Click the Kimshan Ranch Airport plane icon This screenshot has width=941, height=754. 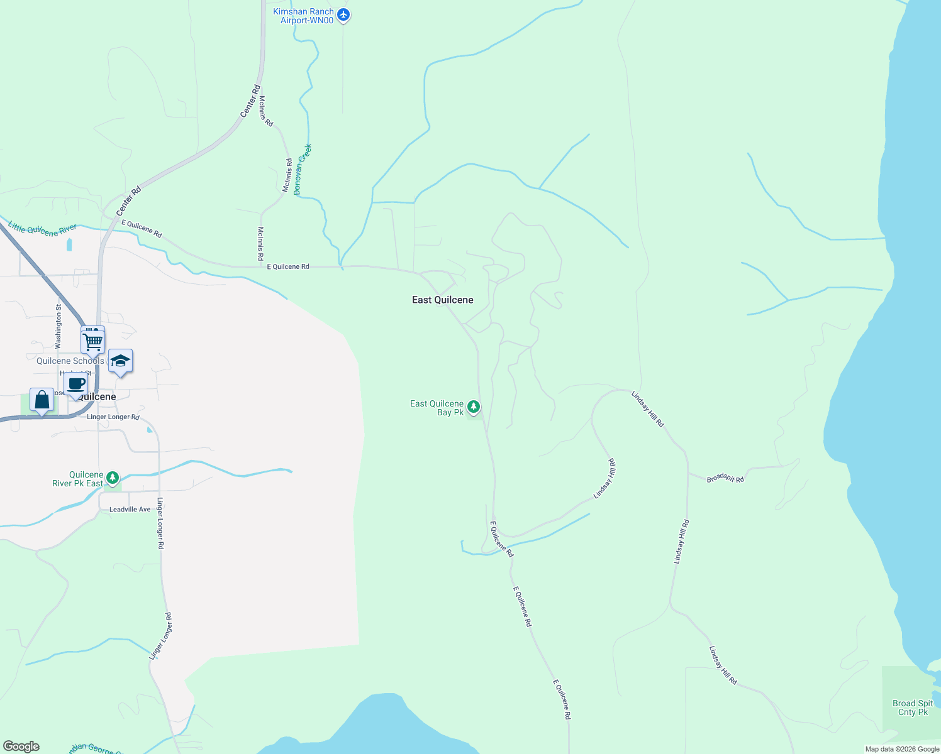[x=343, y=14]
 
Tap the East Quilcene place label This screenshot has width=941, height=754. [x=442, y=300]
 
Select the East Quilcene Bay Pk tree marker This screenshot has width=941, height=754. [x=474, y=407]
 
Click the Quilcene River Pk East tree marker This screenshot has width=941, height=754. [x=113, y=478]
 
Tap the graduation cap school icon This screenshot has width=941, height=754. [x=120, y=361]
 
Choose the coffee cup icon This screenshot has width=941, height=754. [x=76, y=384]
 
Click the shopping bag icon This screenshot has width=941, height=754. [x=42, y=400]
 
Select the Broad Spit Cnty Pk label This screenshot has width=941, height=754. [x=913, y=708]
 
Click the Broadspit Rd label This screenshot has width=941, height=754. [x=725, y=479]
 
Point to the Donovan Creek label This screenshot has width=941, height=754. [x=303, y=169]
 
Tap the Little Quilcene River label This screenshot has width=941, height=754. [x=42, y=229]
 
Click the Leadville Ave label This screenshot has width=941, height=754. [x=130, y=510]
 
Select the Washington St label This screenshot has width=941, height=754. [x=58, y=327]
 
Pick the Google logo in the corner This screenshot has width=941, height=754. [x=21, y=746]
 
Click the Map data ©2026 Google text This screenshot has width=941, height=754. [x=902, y=749]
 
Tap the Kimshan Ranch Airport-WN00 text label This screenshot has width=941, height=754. [x=304, y=16]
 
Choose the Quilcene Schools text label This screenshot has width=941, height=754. [x=70, y=361]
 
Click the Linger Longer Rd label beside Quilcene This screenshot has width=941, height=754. [x=113, y=417]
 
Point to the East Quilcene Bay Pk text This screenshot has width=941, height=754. [x=437, y=408]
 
